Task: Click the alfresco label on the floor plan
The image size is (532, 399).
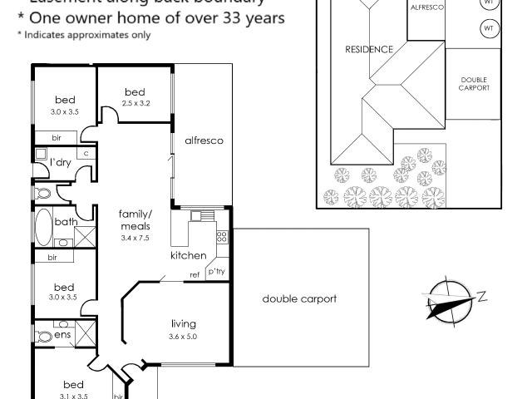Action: pyautogui.click(x=204, y=141)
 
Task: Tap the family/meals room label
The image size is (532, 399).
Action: pyautogui.click(x=134, y=219)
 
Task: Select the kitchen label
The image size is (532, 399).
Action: pyautogui.click(x=188, y=255)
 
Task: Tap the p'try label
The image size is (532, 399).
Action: pyautogui.click(x=216, y=272)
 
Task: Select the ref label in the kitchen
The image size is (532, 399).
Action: pyautogui.click(x=195, y=273)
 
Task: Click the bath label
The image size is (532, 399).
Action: pyautogui.click(x=66, y=222)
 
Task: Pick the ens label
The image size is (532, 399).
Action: pyautogui.click(x=63, y=334)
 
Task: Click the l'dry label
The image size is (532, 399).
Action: pyautogui.click(x=59, y=161)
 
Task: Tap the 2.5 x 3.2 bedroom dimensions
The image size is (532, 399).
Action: pyautogui.click(x=135, y=104)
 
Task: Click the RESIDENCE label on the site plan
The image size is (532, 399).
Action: pyautogui.click(x=368, y=50)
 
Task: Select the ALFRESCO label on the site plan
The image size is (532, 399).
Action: pyautogui.click(x=427, y=7)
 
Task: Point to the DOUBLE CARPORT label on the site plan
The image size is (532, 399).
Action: pyautogui.click(x=475, y=83)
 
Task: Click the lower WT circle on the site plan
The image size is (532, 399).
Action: pyautogui.click(x=489, y=30)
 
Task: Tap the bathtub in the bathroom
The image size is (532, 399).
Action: pyautogui.click(x=44, y=226)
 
